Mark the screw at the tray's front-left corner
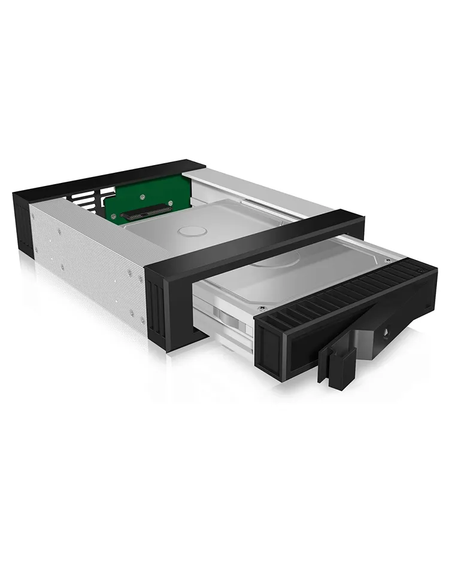(262, 309)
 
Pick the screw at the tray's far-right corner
(387, 261)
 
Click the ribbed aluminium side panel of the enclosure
(84, 251)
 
